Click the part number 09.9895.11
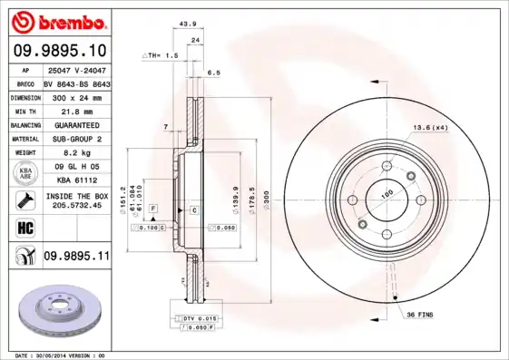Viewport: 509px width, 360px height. pos(76,257)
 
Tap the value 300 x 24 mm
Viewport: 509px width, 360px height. pos(75,96)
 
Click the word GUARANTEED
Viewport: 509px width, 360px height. pos(75,124)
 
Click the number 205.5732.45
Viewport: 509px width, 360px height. pos(75,205)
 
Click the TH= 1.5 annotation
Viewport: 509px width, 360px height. pos(159,56)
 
